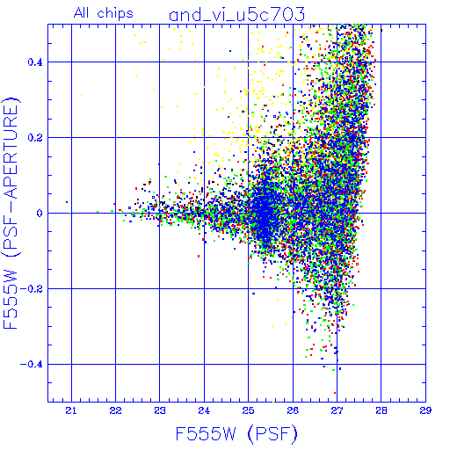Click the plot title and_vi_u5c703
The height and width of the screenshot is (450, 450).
point(237,15)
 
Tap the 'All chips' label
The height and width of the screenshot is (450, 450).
point(104,13)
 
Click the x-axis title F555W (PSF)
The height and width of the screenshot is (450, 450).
point(236,434)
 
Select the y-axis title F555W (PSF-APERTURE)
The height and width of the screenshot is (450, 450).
point(11,213)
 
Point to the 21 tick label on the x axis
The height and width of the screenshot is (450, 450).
point(71,410)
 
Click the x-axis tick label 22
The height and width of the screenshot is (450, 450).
point(115,410)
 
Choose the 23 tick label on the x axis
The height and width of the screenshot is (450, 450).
point(160,410)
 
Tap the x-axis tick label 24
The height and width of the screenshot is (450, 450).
point(204,410)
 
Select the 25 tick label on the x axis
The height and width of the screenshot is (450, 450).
point(248,410)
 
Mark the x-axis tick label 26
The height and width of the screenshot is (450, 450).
point(293,410)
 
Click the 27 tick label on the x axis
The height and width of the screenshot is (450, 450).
point(337,410)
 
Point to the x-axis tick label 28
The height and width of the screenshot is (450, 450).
point(381,410)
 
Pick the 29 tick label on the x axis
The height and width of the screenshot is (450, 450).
point(425,410)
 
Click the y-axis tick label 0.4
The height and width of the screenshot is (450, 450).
point(35,62)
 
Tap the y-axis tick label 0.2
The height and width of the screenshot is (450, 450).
point(35,138)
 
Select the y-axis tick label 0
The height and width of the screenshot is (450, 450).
point(40,213)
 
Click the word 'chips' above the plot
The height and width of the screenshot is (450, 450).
point(115,14)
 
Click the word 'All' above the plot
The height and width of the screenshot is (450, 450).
point(82,12)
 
